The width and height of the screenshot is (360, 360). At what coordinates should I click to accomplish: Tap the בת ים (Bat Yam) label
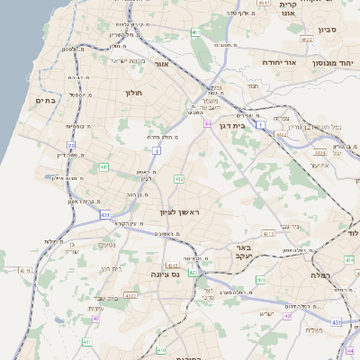coord(45,101)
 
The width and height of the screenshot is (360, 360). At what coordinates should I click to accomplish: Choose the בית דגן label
coord(231,127)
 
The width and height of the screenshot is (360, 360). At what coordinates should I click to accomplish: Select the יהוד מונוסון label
coord(332,63)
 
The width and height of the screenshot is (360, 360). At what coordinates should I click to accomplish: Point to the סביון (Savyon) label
coord(326,30)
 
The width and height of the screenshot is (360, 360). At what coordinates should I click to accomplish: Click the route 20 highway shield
coord(71,145)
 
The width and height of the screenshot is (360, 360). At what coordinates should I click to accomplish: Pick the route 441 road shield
coord(104,167)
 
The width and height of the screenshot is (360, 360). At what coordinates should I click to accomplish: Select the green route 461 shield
coord(195,32)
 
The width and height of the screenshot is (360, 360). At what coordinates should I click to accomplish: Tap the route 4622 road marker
coord(306,40)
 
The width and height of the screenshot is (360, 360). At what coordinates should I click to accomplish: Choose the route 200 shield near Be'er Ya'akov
coord(259,280)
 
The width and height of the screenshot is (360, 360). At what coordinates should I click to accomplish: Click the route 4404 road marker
coord(319,153)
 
